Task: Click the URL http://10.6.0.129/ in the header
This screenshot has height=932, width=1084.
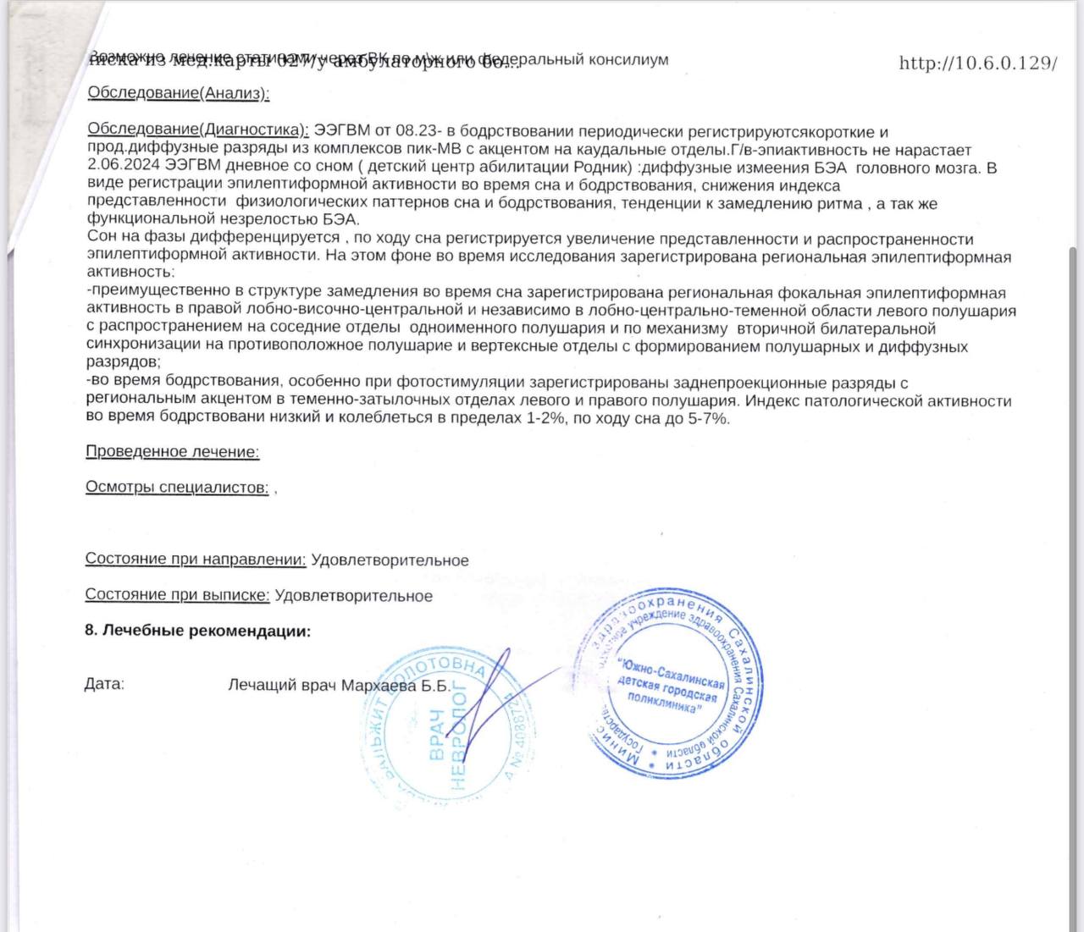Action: [978, 63]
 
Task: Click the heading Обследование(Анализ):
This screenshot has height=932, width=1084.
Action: [179, 93]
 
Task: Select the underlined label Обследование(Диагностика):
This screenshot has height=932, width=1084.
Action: [198, 130]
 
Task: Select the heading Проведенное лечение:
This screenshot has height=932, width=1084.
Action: [173, 452]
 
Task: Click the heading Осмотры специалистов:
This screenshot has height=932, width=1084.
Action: [177, 488]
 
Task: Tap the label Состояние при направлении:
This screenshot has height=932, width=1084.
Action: [196, 560]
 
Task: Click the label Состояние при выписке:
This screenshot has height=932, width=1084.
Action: [177, 595]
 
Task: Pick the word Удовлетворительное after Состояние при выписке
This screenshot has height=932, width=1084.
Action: [354, 596]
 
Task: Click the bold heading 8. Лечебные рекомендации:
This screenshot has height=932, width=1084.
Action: [198, 631]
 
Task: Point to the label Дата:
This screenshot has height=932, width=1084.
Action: [104, 684]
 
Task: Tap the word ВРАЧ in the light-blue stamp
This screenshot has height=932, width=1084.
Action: [437, 735]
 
